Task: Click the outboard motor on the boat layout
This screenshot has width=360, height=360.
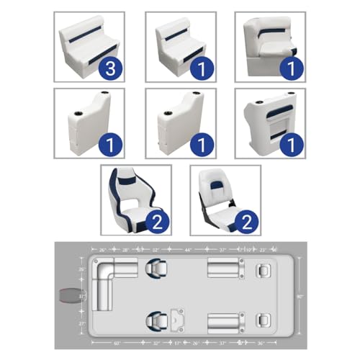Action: click(70, 295)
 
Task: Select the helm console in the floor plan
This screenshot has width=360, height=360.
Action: click(176, 318)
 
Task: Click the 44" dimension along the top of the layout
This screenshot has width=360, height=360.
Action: click(188, 249)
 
